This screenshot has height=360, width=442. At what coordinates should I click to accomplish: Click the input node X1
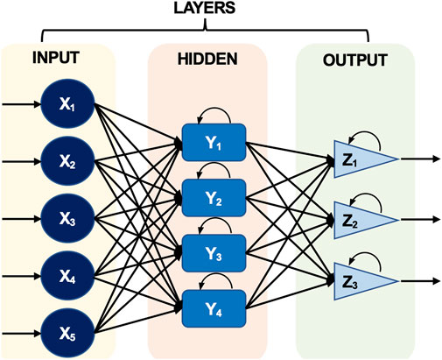click(67, 103)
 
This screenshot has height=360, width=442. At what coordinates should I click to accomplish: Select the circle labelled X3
click(67, 218)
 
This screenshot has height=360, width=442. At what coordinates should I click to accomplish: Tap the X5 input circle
click(67, 333)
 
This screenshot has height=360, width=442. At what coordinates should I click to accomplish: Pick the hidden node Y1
click(214, 143)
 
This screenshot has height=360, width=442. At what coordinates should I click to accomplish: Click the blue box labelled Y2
click(214, 198)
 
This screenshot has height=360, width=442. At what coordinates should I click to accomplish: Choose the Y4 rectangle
click(214, 309)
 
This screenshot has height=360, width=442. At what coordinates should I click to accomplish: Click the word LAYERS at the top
click(205, 8)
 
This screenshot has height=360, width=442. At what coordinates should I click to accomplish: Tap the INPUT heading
click(56, 58)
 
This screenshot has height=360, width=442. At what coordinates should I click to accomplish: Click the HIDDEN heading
click(207, 60)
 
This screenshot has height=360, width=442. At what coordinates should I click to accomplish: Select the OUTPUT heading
click(355, 60)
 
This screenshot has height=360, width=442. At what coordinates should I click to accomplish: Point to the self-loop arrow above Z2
click(367, 194)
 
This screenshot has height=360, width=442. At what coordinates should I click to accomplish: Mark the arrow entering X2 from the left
click(21, 161)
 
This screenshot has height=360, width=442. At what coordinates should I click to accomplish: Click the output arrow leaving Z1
click(420, 159)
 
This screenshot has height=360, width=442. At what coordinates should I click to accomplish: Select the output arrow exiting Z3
click(420, 281)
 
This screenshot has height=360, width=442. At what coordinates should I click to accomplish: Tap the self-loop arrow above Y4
click(216, 274)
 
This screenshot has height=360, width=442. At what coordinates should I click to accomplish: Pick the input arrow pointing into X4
click(21, 276)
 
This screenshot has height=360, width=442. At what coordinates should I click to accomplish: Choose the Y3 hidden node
click(214, 253)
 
